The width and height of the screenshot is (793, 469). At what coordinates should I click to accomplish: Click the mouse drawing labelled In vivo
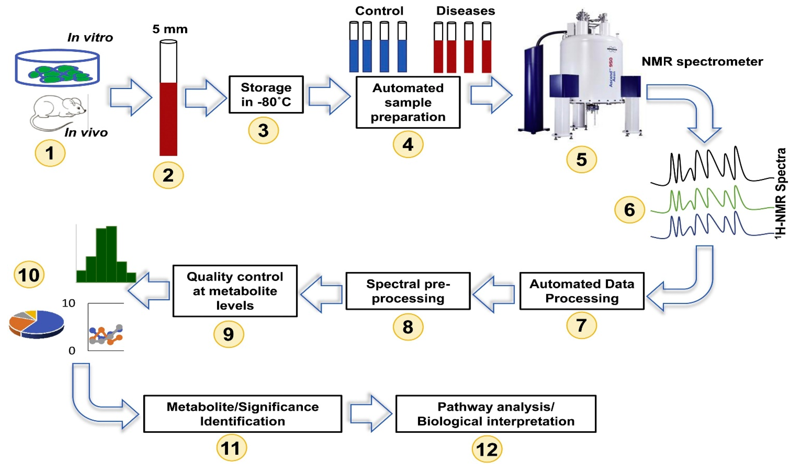point(59,111)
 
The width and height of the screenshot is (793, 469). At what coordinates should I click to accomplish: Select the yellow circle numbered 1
point(50,153)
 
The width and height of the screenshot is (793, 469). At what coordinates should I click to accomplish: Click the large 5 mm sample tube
point(168,104)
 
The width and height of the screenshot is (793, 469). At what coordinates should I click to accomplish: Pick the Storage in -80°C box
point(266,94)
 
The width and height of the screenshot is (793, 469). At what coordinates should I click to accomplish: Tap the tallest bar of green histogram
point(112,253)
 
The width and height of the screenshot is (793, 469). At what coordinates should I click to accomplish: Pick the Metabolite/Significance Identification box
point(243,414)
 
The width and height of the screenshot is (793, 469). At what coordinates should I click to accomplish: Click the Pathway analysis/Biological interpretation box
point(496,414)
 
